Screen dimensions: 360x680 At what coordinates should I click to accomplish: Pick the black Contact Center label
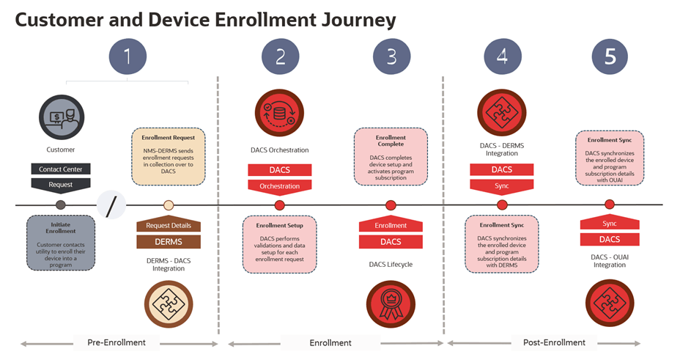click(61, 169)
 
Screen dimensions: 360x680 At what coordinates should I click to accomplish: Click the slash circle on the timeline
click(111, 206)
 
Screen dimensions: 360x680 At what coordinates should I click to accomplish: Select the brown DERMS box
click(169, 241)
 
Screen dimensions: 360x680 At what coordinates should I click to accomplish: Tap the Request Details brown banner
click(169, 226)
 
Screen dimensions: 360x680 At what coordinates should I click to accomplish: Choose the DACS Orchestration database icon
click(280, 114)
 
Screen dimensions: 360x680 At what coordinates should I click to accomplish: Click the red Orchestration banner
click(280, 186)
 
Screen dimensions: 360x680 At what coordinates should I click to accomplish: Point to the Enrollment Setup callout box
click(280, 243)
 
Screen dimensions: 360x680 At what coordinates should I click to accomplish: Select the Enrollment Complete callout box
click(391, 156)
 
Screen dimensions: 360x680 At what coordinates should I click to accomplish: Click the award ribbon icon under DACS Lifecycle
click(391, 303)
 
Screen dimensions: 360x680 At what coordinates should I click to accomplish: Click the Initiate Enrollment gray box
click(61, 242)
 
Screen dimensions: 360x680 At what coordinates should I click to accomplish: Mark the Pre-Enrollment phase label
click(117, 342)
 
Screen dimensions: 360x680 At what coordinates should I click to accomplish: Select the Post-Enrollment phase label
click(554, 342)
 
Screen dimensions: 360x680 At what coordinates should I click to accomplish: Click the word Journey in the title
click(352, 20)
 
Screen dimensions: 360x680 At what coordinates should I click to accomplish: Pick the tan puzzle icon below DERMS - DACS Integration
click(169, 302)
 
